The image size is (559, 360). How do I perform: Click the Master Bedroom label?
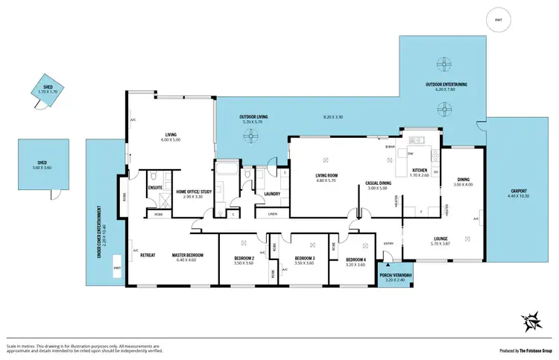[187, 256]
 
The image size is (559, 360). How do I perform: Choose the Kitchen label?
[420, 171]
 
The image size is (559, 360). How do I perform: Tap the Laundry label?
[271, 194]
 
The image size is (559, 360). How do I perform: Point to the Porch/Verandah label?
[395, 277]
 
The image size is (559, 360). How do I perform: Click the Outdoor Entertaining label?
[446, 84]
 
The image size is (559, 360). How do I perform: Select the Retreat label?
[147, 256]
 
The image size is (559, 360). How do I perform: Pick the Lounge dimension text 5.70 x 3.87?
[441, 244]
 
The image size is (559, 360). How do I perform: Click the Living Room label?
[326, 175]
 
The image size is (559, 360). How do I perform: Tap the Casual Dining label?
[379, 183]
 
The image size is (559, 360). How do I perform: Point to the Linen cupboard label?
[273, 215]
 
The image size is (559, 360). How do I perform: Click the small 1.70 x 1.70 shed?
[48, 89]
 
